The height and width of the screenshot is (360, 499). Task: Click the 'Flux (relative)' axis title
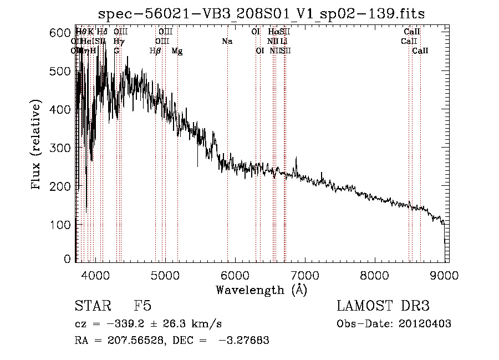click(x=37, y=146)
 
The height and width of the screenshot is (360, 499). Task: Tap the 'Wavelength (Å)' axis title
click(x=261, y=290)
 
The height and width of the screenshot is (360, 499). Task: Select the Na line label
click(x=227, y=42)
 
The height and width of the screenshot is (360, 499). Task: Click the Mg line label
click(x=177, y=51)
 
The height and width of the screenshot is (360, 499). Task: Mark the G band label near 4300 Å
click(x=116, y=51)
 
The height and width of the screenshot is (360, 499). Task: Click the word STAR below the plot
click(x=90, y=306)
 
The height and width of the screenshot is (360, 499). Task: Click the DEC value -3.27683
click(x=245, y=341)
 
